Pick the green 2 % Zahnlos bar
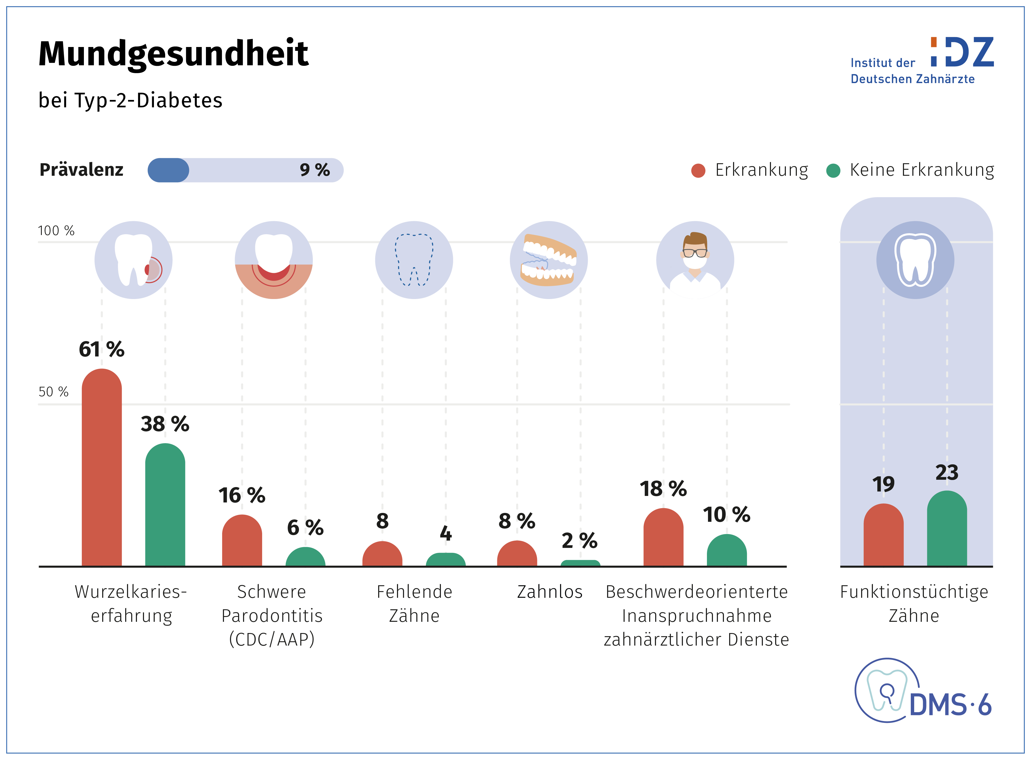coord(580,563)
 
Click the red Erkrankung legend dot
coord(698,171)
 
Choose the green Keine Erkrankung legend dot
coord(833,171)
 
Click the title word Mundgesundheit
coord(173,54)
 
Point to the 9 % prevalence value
coord(315,170)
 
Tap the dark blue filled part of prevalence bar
coord(168,170)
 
